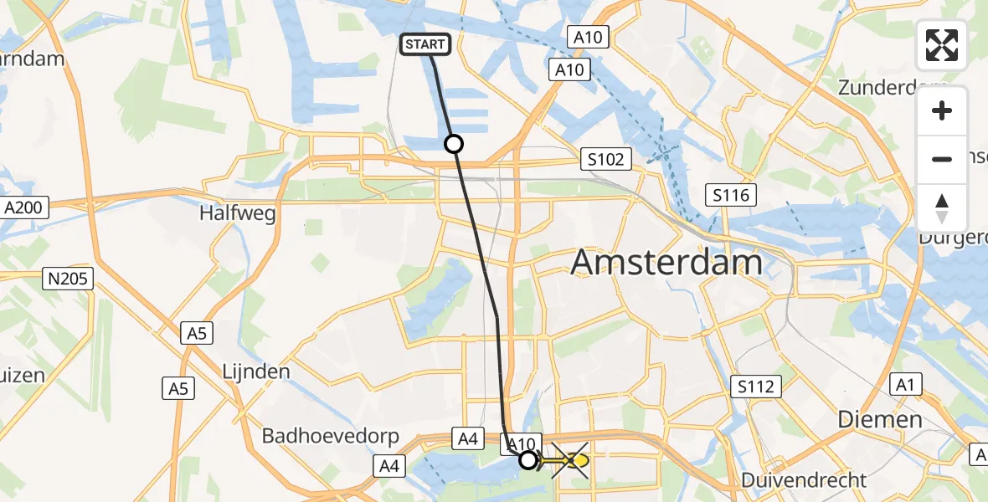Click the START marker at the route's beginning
click(x=427, y=45)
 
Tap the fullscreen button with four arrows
click(x=942, y=45)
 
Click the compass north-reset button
click(x=942, y=208)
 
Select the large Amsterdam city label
click(x=666, y=264)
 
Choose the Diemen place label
click(x=882, y=419)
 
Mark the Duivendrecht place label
click(x=803, y=480)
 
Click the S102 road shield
click(x=605, y=159)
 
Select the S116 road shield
click(x=730, y=196)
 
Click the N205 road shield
click(x=67, y=279)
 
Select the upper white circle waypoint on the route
click(x=453, y=144)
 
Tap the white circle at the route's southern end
click(x=527, y=459)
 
